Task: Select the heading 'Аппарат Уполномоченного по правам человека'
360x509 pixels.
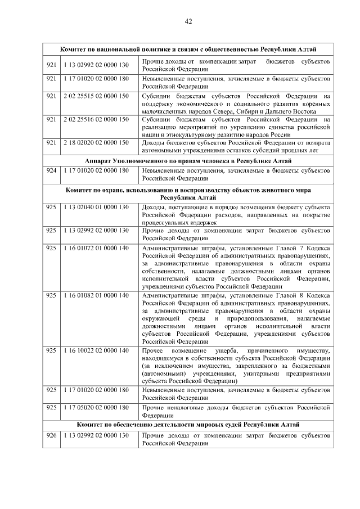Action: tap(188, 161)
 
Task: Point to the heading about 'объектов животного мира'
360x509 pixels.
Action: tap(188, 194)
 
